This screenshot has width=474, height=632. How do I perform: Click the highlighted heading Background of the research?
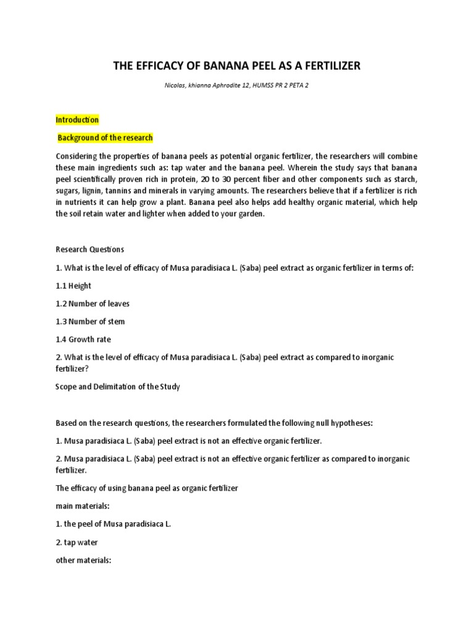pyautogui.click(x=105, y=138)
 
